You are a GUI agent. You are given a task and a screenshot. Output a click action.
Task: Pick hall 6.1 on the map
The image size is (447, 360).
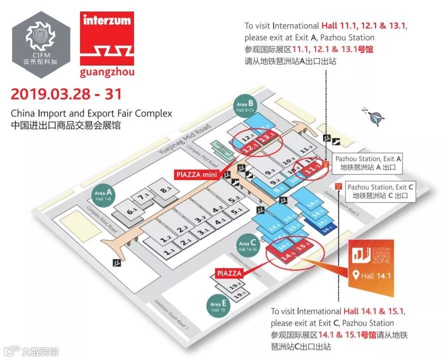(x=132, y=212)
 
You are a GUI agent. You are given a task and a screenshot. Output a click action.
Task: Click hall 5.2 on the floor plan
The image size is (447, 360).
(x=234, y=200)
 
